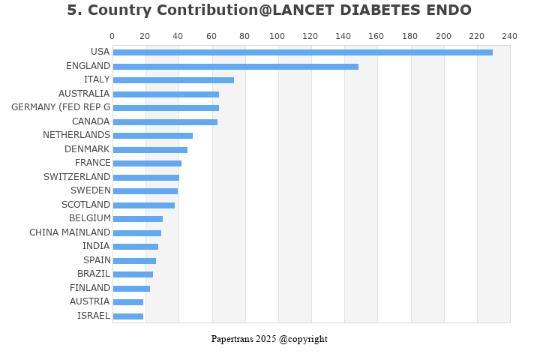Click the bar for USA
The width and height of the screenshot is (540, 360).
[x=302, y=52]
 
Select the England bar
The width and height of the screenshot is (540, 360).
[x=235, y=67]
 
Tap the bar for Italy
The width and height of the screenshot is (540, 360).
[x=173, y=80]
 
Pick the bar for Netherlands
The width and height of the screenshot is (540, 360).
[x=152, y=136]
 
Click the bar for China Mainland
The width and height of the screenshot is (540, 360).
[x=136, y=233]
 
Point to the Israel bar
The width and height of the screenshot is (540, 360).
[x=127, y=316]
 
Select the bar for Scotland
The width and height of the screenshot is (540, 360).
[x=143, y=205]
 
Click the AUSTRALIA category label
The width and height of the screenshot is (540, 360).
[x=84, y=94]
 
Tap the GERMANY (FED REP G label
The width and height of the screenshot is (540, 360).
[x=61, y=107]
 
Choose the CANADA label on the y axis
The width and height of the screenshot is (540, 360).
[x=91, y=121]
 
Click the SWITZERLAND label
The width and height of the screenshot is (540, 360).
[x=76, y=177]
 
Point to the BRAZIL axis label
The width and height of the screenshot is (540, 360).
[x=94, y=274]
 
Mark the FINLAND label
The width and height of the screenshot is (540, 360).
[x=90, y=288]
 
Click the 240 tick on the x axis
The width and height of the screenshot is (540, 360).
[x=510, y=36]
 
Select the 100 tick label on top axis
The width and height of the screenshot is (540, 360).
[x=277, y=36]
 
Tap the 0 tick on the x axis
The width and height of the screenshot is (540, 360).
[x=112, y=36]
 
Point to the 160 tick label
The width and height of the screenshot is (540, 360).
[x=377, y=36]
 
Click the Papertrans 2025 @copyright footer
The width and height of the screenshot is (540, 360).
[x=269, y=339]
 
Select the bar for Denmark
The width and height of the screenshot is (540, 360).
[x=150, y=150]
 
